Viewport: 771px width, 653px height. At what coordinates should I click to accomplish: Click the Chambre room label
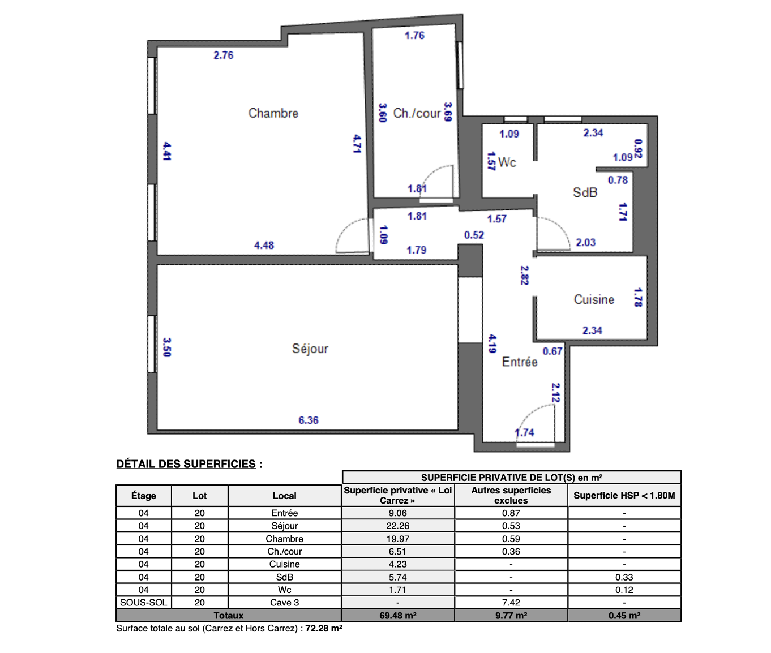tap(273, 113)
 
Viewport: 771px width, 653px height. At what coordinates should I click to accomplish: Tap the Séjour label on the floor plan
tap(310, 349)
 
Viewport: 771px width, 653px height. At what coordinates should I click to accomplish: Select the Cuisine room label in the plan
tap(594, 299)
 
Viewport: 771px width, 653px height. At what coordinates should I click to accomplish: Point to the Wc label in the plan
tap(507, 162)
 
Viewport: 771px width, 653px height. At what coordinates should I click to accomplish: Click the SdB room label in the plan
tap(585, 192)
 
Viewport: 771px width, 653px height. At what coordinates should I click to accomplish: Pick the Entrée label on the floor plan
tap(520, 362)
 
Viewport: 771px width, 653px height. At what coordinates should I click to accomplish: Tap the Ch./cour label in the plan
tap(417, 113)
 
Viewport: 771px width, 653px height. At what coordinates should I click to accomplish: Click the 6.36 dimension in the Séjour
tap(309, 420)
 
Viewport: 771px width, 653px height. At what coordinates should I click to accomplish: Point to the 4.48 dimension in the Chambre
tap(264, 246)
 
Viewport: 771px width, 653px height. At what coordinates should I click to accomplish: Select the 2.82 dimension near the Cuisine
tap(524, 275)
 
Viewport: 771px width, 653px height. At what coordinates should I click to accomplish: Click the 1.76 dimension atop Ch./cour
tap(415, 36)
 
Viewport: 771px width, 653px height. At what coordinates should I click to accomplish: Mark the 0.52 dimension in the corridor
tap(474, 235)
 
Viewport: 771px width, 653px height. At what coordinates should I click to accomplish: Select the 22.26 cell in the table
tap(397, 526)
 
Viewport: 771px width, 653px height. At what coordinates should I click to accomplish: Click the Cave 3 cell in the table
tap(285, 603)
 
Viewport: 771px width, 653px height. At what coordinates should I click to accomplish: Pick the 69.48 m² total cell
tap(397, 615)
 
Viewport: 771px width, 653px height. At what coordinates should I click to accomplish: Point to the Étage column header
tap(144, 496)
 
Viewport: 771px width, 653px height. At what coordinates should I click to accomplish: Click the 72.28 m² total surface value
tap(324, 629)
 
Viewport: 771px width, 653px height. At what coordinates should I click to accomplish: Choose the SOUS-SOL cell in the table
tap(144, 603)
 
